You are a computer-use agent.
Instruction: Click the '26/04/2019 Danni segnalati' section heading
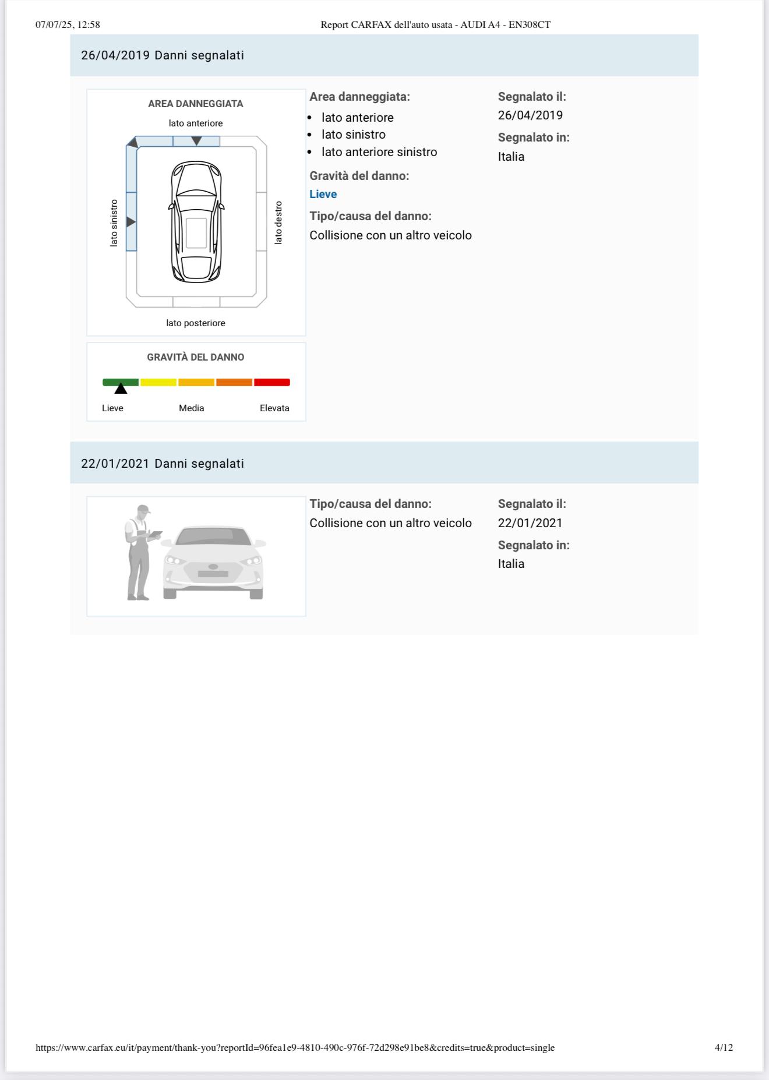tap(163, 55)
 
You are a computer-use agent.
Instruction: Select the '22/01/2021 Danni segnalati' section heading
tap(163, 464)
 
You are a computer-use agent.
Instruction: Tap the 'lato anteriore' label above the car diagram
tap(196, 123)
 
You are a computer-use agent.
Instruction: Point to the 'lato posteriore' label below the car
tap(196, 323)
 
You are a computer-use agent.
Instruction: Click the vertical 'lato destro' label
tap(278, 223)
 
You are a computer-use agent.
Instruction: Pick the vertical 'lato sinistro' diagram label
tap(114, 223)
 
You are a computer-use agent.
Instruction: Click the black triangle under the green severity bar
tap(121, 389)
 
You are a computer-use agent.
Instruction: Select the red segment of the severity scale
tap(271, 383)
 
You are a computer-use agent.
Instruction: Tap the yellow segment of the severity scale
tap(158, 383)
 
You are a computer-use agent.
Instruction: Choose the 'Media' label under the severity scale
tap(192, 408)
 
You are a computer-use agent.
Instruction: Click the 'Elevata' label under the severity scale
tap(274, 408)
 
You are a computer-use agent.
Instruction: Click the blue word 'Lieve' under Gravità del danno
tap(323, 195)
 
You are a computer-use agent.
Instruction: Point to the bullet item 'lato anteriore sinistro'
tap(379, 152)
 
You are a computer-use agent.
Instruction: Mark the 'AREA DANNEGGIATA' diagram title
tap(196, 104)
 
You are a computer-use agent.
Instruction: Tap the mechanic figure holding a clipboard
tap(139, 551)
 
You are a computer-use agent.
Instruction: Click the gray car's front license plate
tap(213, 574)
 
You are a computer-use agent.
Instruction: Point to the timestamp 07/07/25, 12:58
tap(68, 24)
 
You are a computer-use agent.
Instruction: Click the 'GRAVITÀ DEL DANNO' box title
tap(196, 357)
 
